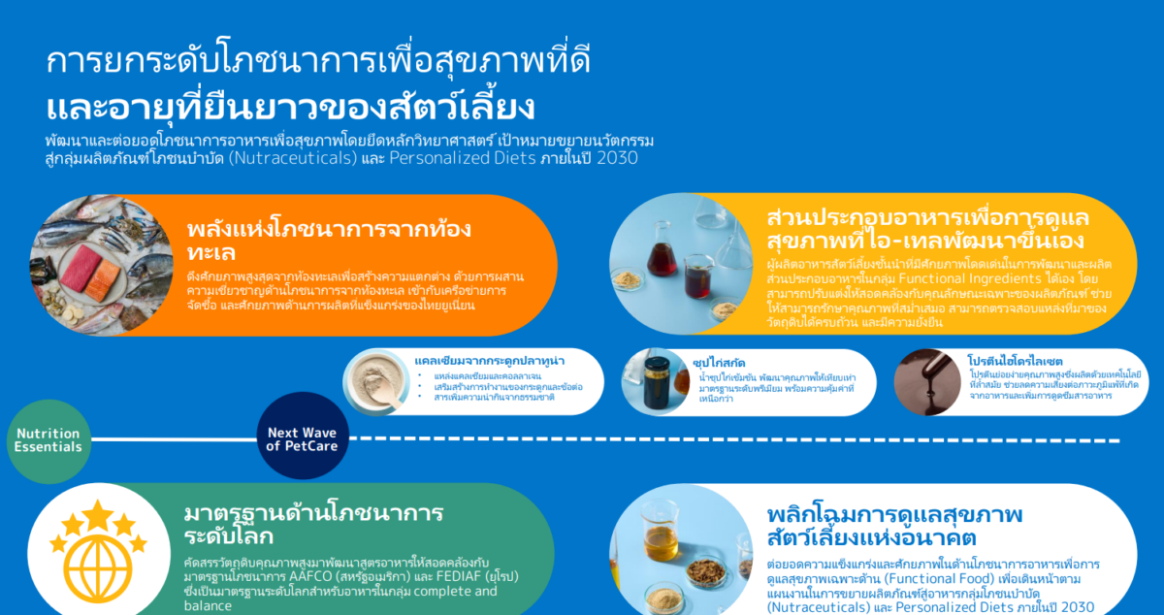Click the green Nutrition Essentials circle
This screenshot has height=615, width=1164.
tap(48, 440)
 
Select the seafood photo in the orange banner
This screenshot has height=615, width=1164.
tap(92, 265)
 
